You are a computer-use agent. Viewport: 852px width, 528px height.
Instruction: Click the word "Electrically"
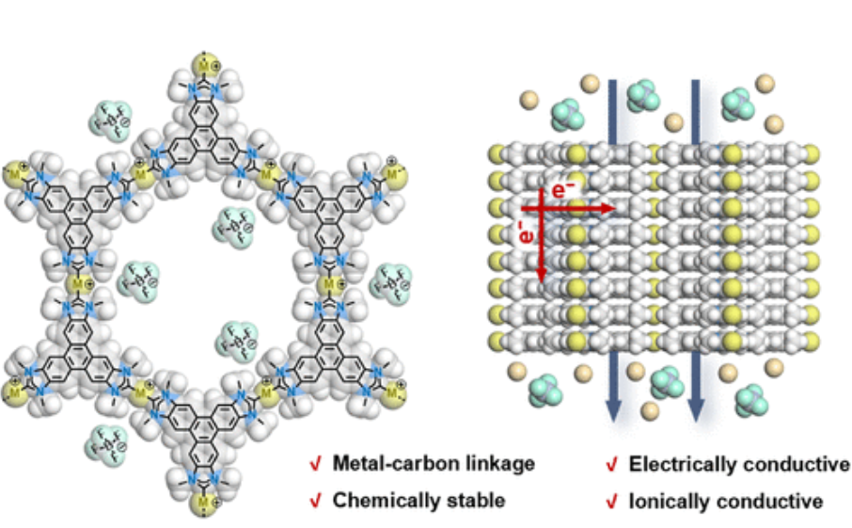(x=682, y=463)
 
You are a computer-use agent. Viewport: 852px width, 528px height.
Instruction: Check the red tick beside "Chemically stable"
(x=316, y=501)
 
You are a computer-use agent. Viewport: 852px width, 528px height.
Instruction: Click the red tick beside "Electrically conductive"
(x=611, y=464)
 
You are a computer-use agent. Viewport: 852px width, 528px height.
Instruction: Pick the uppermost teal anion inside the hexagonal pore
(x=229, y=224)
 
